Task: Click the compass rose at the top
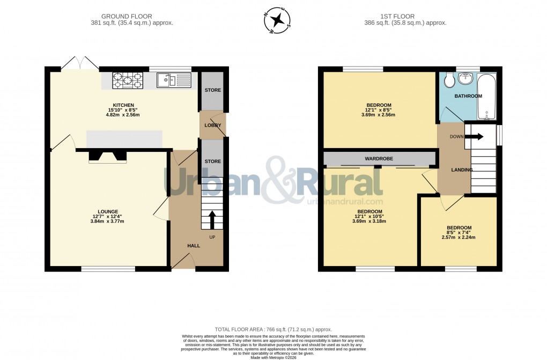(278, 21)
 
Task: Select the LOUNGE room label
(108, 211)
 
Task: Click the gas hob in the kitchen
(127, 81)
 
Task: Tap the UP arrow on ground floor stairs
(211, 219)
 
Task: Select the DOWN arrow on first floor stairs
(474, 136)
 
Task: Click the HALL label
(194, 246)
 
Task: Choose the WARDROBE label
(379, 159)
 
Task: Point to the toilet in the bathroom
(449, 80)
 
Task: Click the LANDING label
(461, 170)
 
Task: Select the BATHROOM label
(468, 96)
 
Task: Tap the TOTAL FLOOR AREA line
(273, 329)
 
